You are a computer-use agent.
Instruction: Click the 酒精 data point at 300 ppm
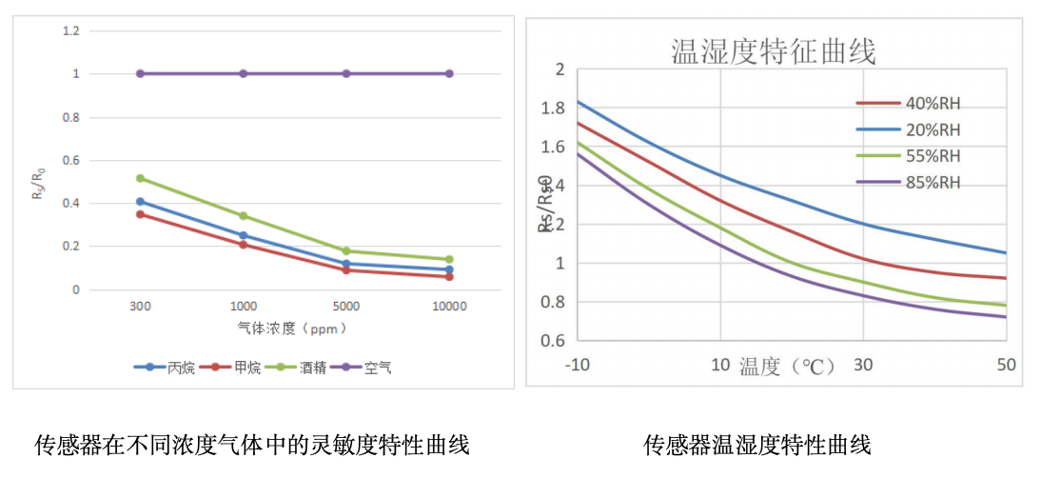pyautogui.click(x=141, y=178)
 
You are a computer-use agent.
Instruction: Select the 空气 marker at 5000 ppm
pyautogui.click(x=346, y=73)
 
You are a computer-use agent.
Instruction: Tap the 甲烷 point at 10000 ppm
pyautogui.click(x=449, y=276)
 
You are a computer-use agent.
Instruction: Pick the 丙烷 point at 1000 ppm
pyautogui.click(x=244, y=235)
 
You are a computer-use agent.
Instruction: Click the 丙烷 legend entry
pyautogui.click(x=181, y=368)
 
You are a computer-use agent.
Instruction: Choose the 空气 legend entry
pyautogui.click(x=377, y=368)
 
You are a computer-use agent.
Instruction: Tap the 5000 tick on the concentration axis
pyautogui.click(x=345, y=307)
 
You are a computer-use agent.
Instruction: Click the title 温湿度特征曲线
pyautogui.click(x=774, y=50)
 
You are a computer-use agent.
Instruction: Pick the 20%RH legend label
pyautogui.click(x=933, y=130)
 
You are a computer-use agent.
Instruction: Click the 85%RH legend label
pyautogui.click(x=933, y=182)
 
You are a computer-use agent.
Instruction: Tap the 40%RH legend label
pyautogui.click(x=933, y=104)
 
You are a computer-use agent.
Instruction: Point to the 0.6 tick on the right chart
pyautogui.click(x=554, y=341)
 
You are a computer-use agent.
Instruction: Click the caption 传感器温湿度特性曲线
pyautogui.click(x=757, y=445)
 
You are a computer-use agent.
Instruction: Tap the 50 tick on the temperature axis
pyautogui.click(x=1006, y=365)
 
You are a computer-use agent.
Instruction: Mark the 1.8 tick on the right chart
pyautogui.click(x=553, y=109)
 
